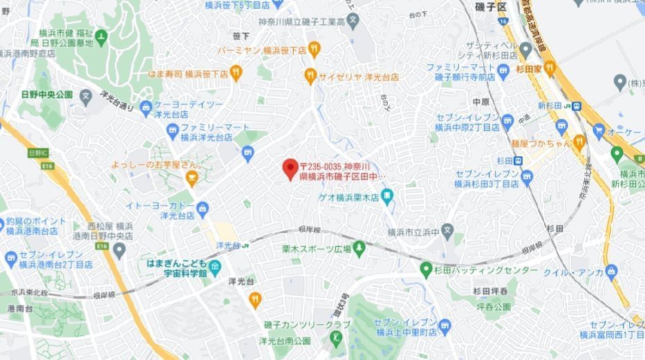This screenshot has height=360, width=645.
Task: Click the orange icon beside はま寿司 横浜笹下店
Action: click(x=237, y=73)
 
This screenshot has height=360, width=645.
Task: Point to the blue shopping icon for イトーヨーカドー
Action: click(x=203, y=208)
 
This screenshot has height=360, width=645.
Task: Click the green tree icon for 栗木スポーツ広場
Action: click(x=359, y=247)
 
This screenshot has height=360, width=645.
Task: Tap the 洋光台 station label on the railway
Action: click(x=227, y=245)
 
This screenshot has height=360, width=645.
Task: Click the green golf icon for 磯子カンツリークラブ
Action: click(x=337, y=338)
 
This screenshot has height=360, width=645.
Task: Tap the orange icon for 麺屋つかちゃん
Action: click(x=579, y=142)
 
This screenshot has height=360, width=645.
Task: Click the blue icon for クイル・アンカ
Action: click(x=610, y=271)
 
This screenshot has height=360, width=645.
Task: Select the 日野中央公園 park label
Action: click(x=47, y=94)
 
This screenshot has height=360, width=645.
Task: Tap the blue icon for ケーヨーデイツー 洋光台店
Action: click(x=145, y=108)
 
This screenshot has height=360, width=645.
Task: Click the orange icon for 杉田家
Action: click(x=550, y=68)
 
